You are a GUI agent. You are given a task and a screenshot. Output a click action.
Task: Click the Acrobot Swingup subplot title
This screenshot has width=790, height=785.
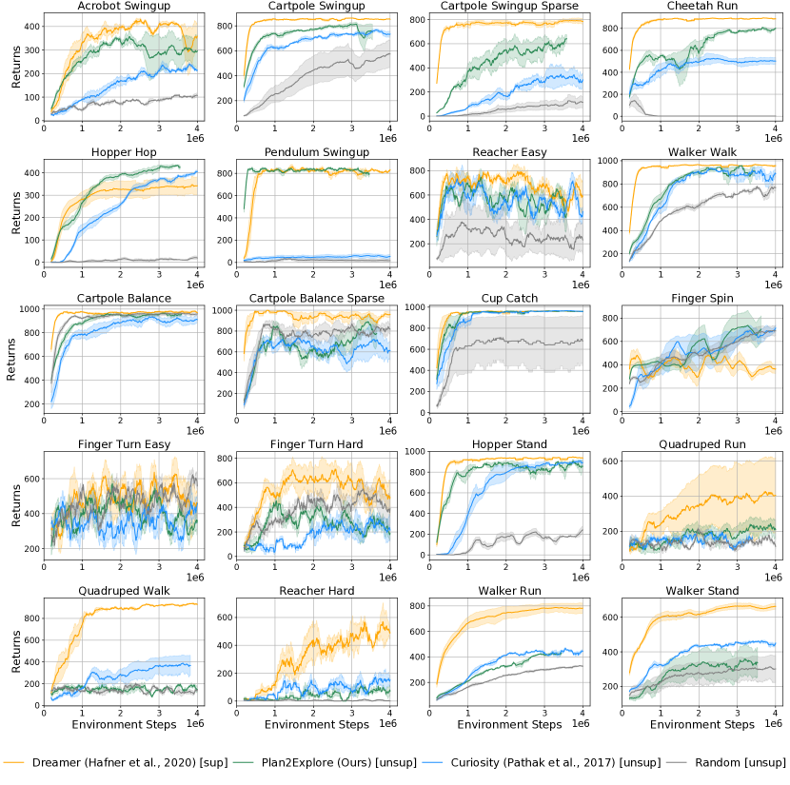point(120,8)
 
